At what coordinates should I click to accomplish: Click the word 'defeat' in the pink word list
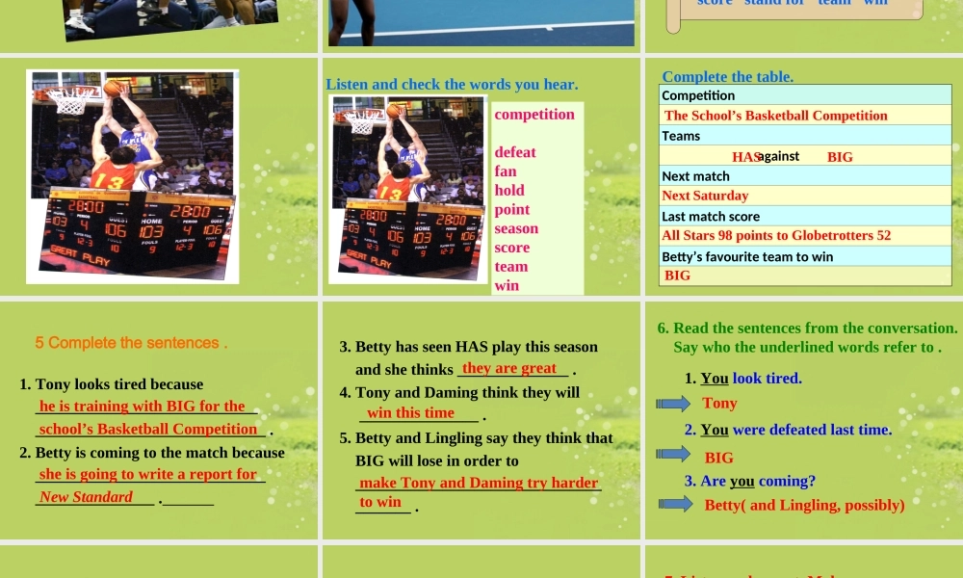515,152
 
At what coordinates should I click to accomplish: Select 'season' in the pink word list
516,228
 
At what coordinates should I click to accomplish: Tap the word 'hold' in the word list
509,190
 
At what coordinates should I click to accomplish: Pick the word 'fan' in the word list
506,171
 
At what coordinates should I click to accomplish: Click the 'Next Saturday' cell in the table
705,196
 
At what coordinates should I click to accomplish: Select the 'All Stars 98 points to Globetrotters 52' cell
776,235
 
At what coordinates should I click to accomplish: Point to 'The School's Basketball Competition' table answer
776,116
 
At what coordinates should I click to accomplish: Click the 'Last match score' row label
711,217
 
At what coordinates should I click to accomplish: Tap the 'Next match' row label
695,176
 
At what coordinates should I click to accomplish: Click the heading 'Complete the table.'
728,76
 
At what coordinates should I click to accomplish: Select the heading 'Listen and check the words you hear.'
452,84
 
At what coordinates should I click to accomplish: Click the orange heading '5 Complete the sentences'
131,343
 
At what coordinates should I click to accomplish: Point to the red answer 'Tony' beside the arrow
719,403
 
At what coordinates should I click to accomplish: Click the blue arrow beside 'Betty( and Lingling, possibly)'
674,504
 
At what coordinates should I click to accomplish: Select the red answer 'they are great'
509,368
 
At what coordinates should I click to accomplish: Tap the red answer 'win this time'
410,412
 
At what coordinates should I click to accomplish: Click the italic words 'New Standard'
86,497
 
